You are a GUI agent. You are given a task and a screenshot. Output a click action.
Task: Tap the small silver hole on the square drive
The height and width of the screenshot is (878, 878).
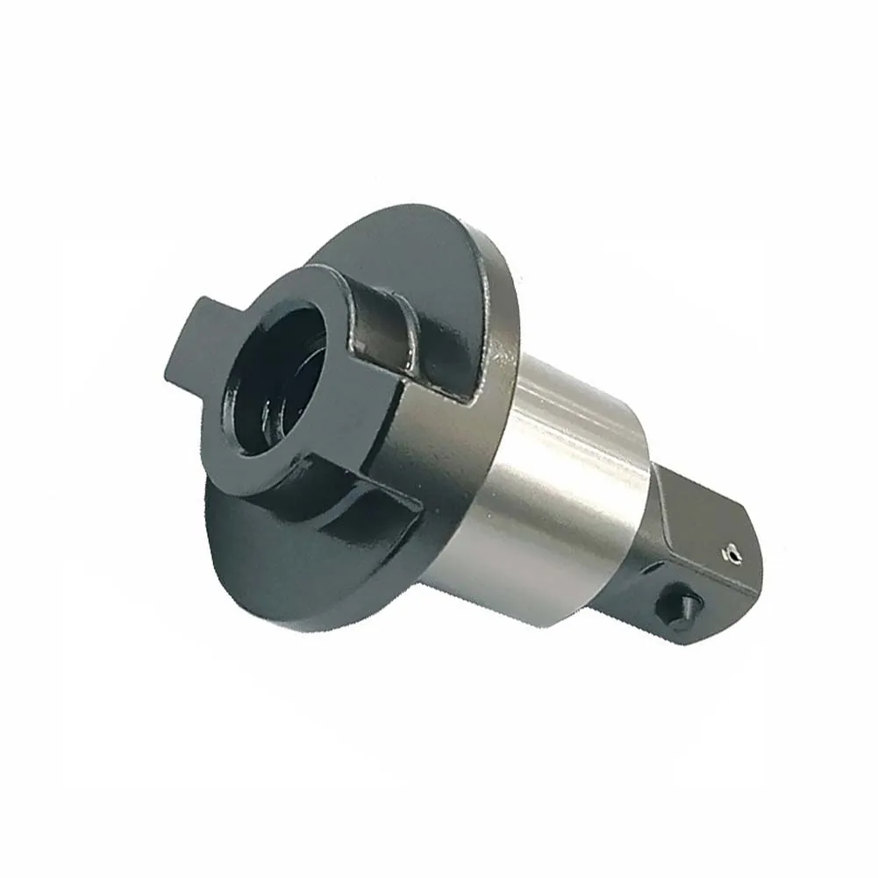(x=727, y=553)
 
